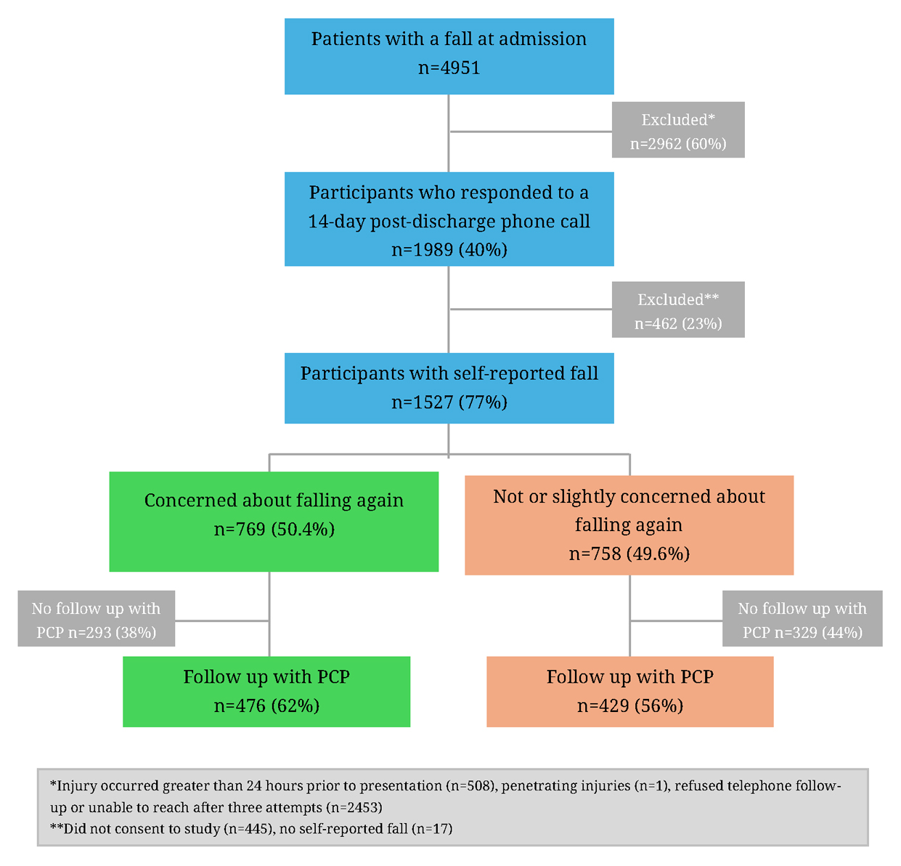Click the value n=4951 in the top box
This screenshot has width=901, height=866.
tap(449, 68)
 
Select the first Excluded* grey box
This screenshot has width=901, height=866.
tap(678, 129)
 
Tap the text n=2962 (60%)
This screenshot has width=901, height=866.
tap(678, 144)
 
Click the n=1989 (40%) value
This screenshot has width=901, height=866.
tap(449, 250)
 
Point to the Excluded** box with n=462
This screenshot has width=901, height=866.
tap(678, 309)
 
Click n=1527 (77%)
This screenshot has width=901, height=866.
tap(449, 402)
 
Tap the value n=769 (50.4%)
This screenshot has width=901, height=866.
tap(274, 530)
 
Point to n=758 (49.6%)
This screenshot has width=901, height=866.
tap(629, 554)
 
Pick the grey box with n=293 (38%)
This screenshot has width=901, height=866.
tap(97, 619)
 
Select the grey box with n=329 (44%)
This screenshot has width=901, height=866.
tap(802, 619)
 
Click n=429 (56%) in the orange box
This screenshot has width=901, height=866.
tap(629, 706)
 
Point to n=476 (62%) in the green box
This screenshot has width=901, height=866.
tap(266, 706)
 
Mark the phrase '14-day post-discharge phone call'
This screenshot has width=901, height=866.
tap(449, 222)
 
